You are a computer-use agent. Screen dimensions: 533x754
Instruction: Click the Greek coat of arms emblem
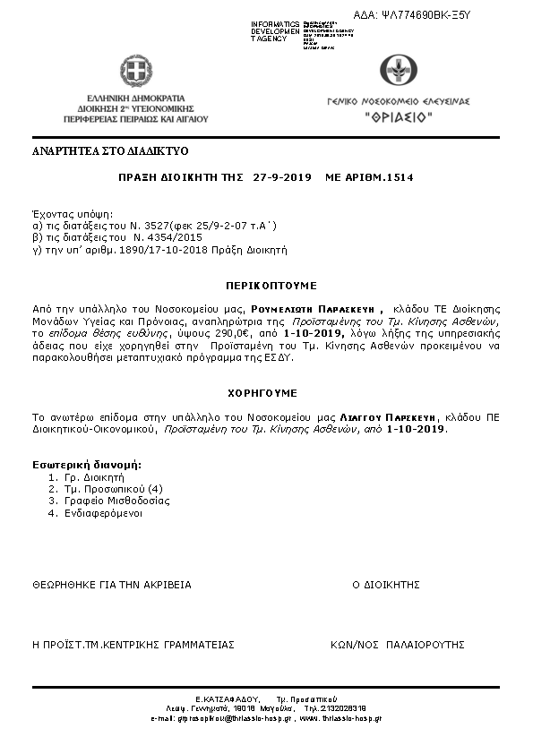135,70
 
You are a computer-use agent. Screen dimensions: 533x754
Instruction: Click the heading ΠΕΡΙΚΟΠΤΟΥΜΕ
271,286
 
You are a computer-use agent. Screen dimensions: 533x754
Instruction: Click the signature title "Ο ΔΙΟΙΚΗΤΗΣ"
385,584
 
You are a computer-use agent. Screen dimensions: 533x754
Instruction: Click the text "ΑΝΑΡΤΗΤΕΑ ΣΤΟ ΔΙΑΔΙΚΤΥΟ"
110,150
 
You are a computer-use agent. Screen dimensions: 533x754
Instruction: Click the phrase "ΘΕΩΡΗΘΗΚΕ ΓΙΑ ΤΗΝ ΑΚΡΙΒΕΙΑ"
111,584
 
